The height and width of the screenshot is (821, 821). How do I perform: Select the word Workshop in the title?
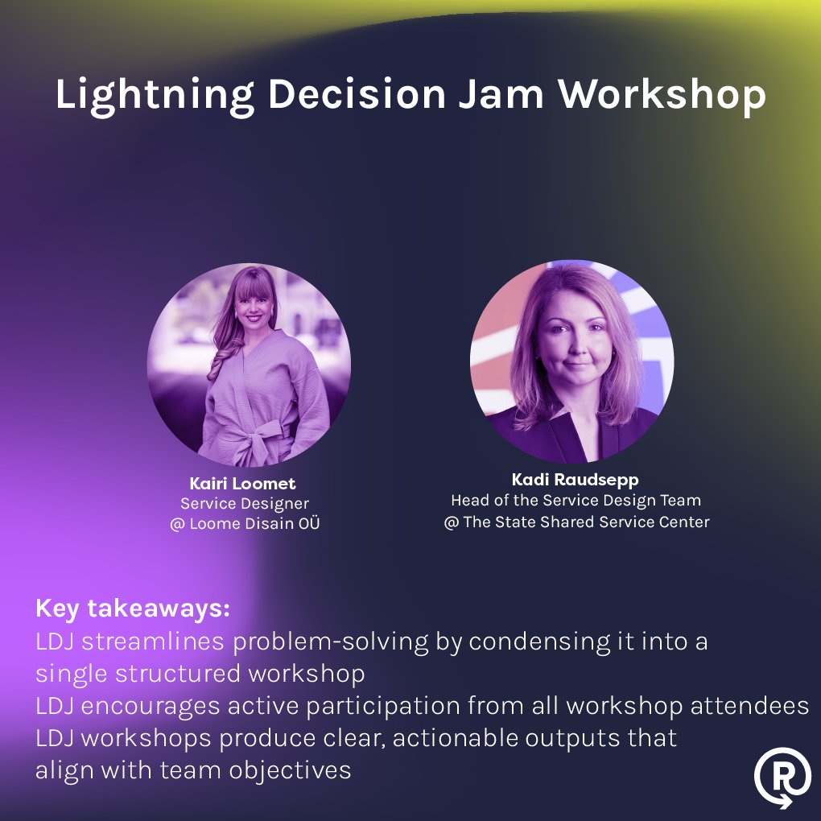(x=662, y=96)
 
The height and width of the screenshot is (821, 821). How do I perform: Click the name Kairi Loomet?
(x=242, y=484)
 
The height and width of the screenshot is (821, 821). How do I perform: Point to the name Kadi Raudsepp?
(x=576, y=480)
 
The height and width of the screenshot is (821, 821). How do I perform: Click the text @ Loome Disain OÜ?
(x=245, y=524)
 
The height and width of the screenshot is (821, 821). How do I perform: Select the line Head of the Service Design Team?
(x=576, y=501)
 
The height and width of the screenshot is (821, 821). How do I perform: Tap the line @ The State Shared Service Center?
(x=576, y=522)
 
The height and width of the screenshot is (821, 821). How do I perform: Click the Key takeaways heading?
(x=133, y=609)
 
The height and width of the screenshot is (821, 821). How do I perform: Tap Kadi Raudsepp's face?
(x=573, y=334)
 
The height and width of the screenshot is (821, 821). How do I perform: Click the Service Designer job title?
(x=244, y=504)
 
